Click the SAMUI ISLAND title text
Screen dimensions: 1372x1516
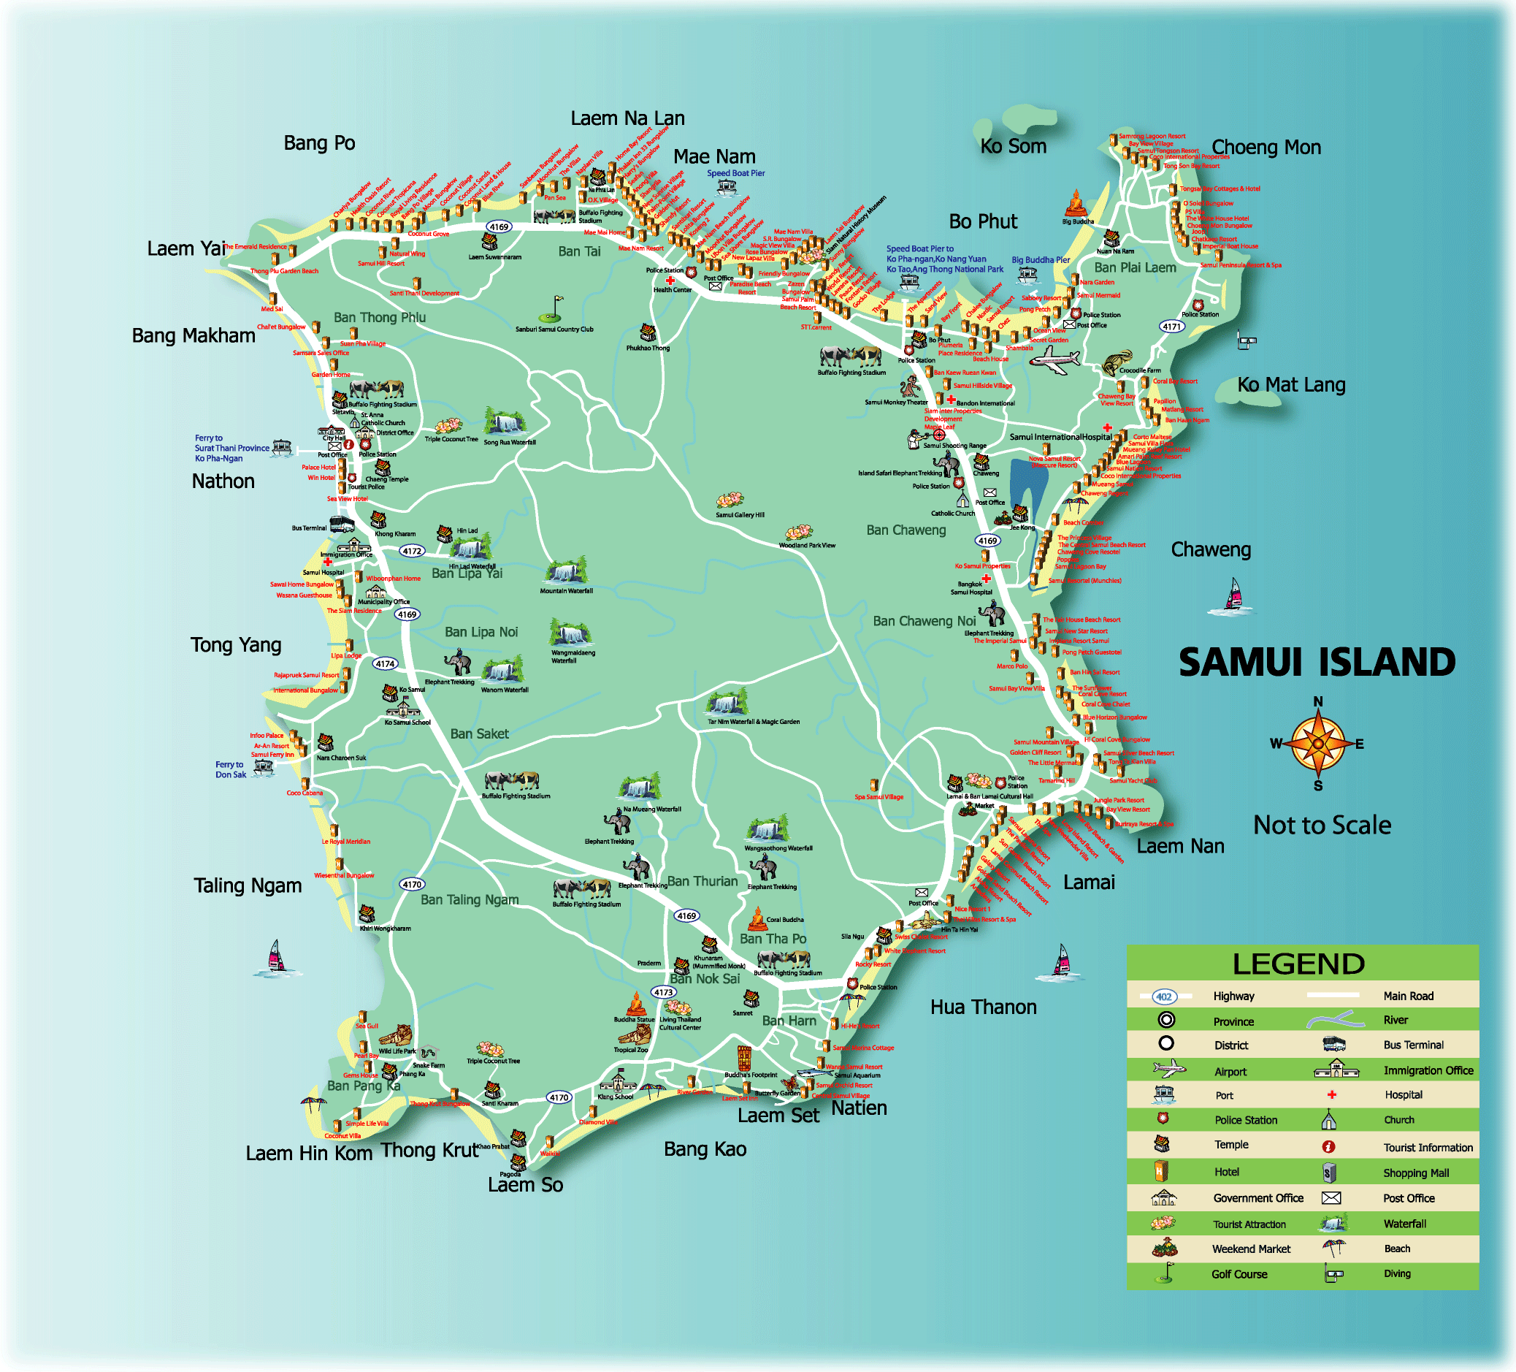pyautogui.click(x=1316, y=663)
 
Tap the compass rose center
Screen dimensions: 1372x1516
pyautogui.click(x=1317, y=744)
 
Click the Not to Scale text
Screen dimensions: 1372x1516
pyautogui.click(x=1321, y=825)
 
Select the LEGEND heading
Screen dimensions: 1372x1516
pyautogui.click(x=1298, y=964)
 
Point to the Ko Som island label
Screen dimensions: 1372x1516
pyautogui.click(x=1013, y=146)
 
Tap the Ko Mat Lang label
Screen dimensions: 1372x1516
pyautogui.click(x=1291, y=384)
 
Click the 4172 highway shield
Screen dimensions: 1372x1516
pyautogui.click(x=411, y=551)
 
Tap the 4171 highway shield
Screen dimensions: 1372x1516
pyautogui.click(x=1171, y=327)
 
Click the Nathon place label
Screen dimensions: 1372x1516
pyautogui.click(x=223, y=481)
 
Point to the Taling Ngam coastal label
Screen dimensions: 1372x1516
pyautogui.click(x=248, y=885)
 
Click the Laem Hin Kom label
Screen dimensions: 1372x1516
pyautogui.click(x=308, y=1153)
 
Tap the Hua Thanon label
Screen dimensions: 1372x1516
pyautogui.click(x=983, y=1007)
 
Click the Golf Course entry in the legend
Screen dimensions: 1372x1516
pyautogui.click(x=1239, y=1273)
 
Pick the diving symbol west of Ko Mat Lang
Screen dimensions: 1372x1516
pyautogui.click(x=1246, y=340)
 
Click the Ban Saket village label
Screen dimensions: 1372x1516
pyautogui.click(x=479, y=733)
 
